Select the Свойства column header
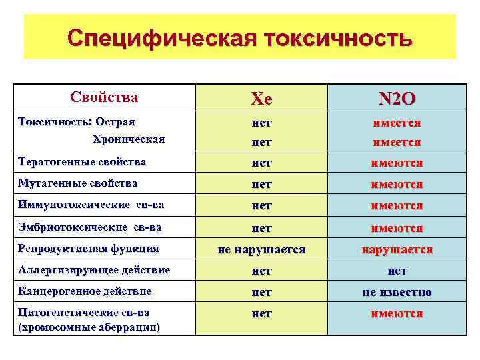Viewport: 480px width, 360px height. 104,97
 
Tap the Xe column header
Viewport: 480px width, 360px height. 261,99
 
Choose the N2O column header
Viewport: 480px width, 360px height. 397,99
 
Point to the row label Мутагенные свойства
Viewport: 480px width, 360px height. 78,183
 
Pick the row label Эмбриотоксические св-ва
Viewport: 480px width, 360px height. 90,227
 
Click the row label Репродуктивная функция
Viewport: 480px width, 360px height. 89,249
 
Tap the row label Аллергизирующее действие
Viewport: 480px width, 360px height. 94,270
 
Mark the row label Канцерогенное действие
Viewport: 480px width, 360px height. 85,291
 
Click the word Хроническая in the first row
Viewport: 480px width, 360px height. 129,140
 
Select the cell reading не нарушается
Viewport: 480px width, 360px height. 261,250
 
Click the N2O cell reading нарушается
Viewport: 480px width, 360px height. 397,250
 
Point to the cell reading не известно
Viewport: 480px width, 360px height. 397,292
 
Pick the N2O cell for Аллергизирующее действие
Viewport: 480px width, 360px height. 397,271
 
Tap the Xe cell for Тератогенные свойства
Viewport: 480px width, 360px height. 261,163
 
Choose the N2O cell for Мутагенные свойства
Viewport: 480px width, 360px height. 397,185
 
